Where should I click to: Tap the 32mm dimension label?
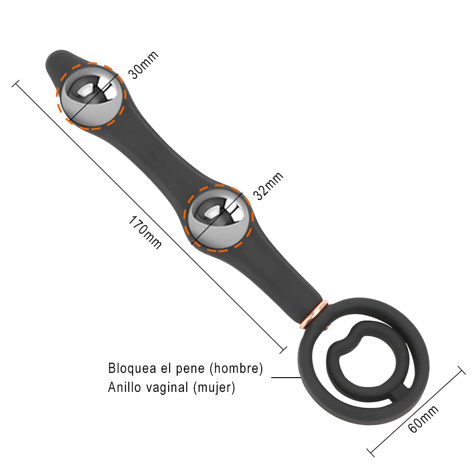pyautogui.click(x=268, y=186)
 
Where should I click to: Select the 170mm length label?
pyautogui.click(x=145, y=232)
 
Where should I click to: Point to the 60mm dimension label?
pyautogui.click(x=423, y=419)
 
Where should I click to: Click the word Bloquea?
pyautogui.click(x=133, y=368)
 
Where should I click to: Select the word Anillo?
pyautogui.click(x=124, y=387)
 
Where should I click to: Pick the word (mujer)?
pyautogui.click(x=214, y=388)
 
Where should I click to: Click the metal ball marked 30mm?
pyautogui.click(x=91, y=96)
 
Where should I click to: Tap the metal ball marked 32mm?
pyautogui.click(x=218, y=218)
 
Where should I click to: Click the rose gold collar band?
pyautogui.click(x=315, y=315)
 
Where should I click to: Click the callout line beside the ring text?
pyautogui.click(x=286, y=378)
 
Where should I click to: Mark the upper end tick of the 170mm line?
pyautogui.click(x=16, y=84)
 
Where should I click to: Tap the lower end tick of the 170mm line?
pyautogui.click(x=283, y=350)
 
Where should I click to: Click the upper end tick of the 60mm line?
pyautogui.click(x=461, y=370)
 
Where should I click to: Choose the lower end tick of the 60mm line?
pyautogui.click(x=370, y=453)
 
